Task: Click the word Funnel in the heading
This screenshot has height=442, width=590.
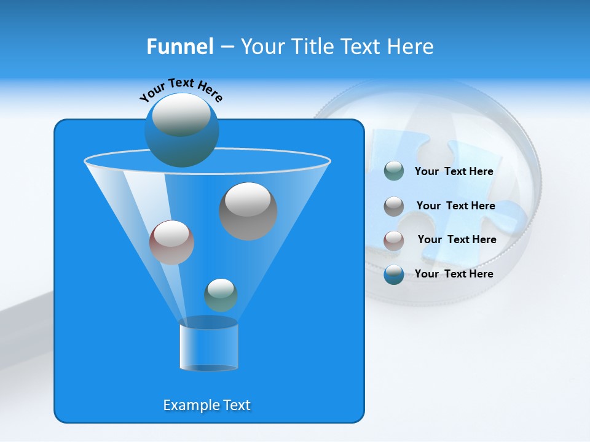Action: point(179,47)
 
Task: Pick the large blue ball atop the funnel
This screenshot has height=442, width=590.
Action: point(181,130)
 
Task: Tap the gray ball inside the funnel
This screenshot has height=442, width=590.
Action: point(248,211)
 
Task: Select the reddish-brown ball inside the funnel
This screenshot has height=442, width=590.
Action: point(171,242)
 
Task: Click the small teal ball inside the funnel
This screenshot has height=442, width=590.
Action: point(221,295)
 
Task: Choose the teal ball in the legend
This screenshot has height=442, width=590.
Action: point(394,171)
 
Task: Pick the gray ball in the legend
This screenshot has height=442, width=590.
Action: point(394,206)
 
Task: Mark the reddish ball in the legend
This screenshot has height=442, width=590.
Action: point(394,240)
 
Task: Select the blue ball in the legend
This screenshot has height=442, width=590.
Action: point(394,274)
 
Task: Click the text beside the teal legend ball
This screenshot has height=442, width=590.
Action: point(454,172)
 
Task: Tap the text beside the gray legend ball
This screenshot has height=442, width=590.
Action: point(455,206)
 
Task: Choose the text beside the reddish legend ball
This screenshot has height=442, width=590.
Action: point(457,240)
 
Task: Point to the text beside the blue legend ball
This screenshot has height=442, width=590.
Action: point(454,274)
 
